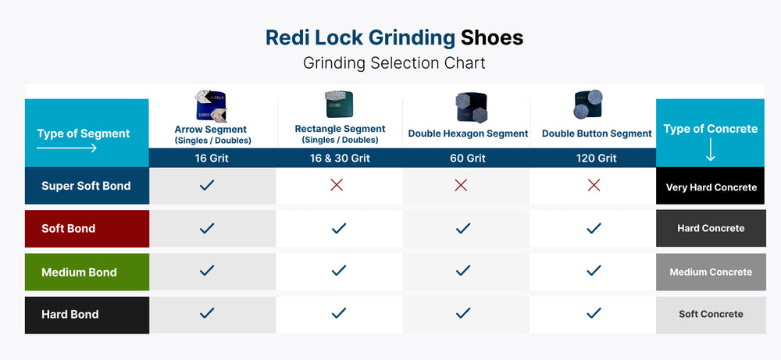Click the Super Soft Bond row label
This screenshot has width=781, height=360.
click(86, 186)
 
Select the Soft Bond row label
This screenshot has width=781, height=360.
click(69, 229)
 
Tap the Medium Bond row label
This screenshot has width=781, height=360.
click(79, 272)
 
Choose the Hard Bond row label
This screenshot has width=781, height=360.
click(70, 314)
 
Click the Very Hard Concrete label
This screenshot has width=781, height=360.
click(711, 187)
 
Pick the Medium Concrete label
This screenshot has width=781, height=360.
click(711, 272)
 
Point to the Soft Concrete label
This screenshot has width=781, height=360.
click(711, 314)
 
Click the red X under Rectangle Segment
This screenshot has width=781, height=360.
click(337, 185)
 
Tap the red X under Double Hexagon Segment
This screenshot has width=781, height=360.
click(461, 185)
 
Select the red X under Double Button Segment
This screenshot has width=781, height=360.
click(594, 185)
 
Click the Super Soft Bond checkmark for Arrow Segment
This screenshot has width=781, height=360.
click(207, 185)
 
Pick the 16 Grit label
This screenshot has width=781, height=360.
click(212, 158)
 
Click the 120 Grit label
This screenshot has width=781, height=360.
click(597, 158)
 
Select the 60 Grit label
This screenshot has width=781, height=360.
click(468, 158)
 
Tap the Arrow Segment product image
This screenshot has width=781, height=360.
click(210, 107)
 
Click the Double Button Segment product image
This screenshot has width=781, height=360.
click(588, 105)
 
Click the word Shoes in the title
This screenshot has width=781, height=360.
click(492, 37)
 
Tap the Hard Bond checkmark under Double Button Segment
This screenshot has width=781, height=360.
click(594, 313)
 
